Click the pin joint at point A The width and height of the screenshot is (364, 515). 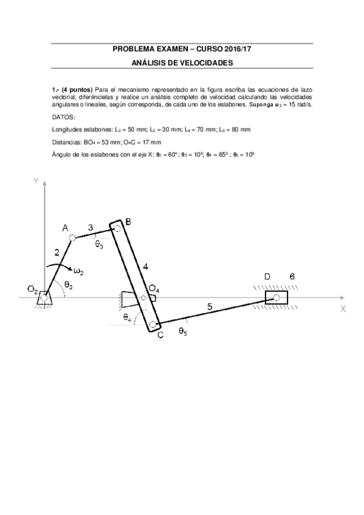[73, 237]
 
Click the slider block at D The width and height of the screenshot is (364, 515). [276, 298]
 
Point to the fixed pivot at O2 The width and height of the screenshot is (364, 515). [43, 297]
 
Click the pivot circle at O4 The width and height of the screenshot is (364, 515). [143, 298]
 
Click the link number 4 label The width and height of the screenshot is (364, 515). [145, 266]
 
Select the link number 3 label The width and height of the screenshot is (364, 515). [91, 228]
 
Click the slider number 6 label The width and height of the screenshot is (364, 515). [292, 277]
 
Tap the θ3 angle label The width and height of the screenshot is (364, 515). [99, 244]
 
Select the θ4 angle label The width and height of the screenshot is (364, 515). [127, 317]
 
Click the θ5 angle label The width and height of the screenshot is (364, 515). [182, 330]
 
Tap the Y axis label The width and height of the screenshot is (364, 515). [36, 180]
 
